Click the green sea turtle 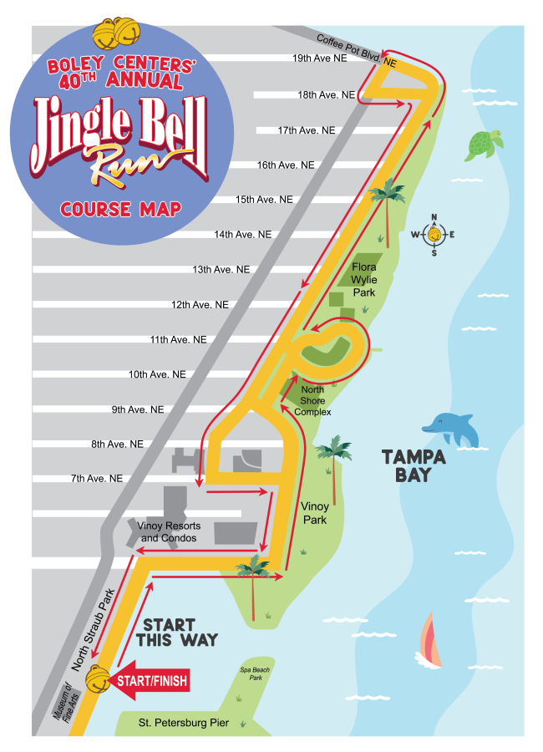click(484, 145)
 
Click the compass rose click(434, 235)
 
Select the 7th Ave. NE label click(97, 478)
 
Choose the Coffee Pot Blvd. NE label click(355, 49)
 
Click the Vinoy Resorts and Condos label click(170, 532)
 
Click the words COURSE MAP click(120, 208)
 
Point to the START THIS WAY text click(180, 633)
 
